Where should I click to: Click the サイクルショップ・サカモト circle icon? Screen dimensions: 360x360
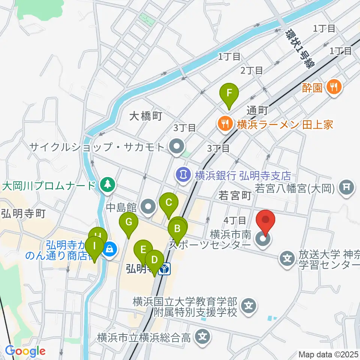point(175,146)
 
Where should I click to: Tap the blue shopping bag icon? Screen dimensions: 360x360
point(110,248)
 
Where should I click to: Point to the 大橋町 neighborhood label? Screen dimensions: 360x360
point(145,117)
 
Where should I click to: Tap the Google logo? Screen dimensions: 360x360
point(25,351)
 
